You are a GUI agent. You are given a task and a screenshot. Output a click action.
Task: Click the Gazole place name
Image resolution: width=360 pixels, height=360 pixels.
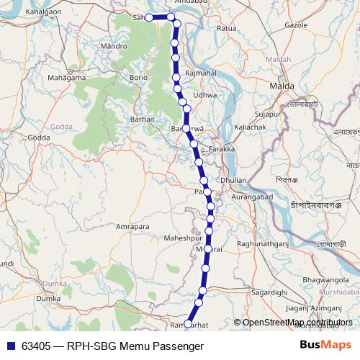point(297,24)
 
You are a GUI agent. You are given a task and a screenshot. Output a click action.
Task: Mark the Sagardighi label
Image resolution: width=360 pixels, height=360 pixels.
point(270,293)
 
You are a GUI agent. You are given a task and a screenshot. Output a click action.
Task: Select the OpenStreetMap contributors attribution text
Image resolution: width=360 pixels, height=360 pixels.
point(297,323)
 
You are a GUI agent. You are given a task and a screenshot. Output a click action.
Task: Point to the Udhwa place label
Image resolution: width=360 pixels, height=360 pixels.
point(205,94)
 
